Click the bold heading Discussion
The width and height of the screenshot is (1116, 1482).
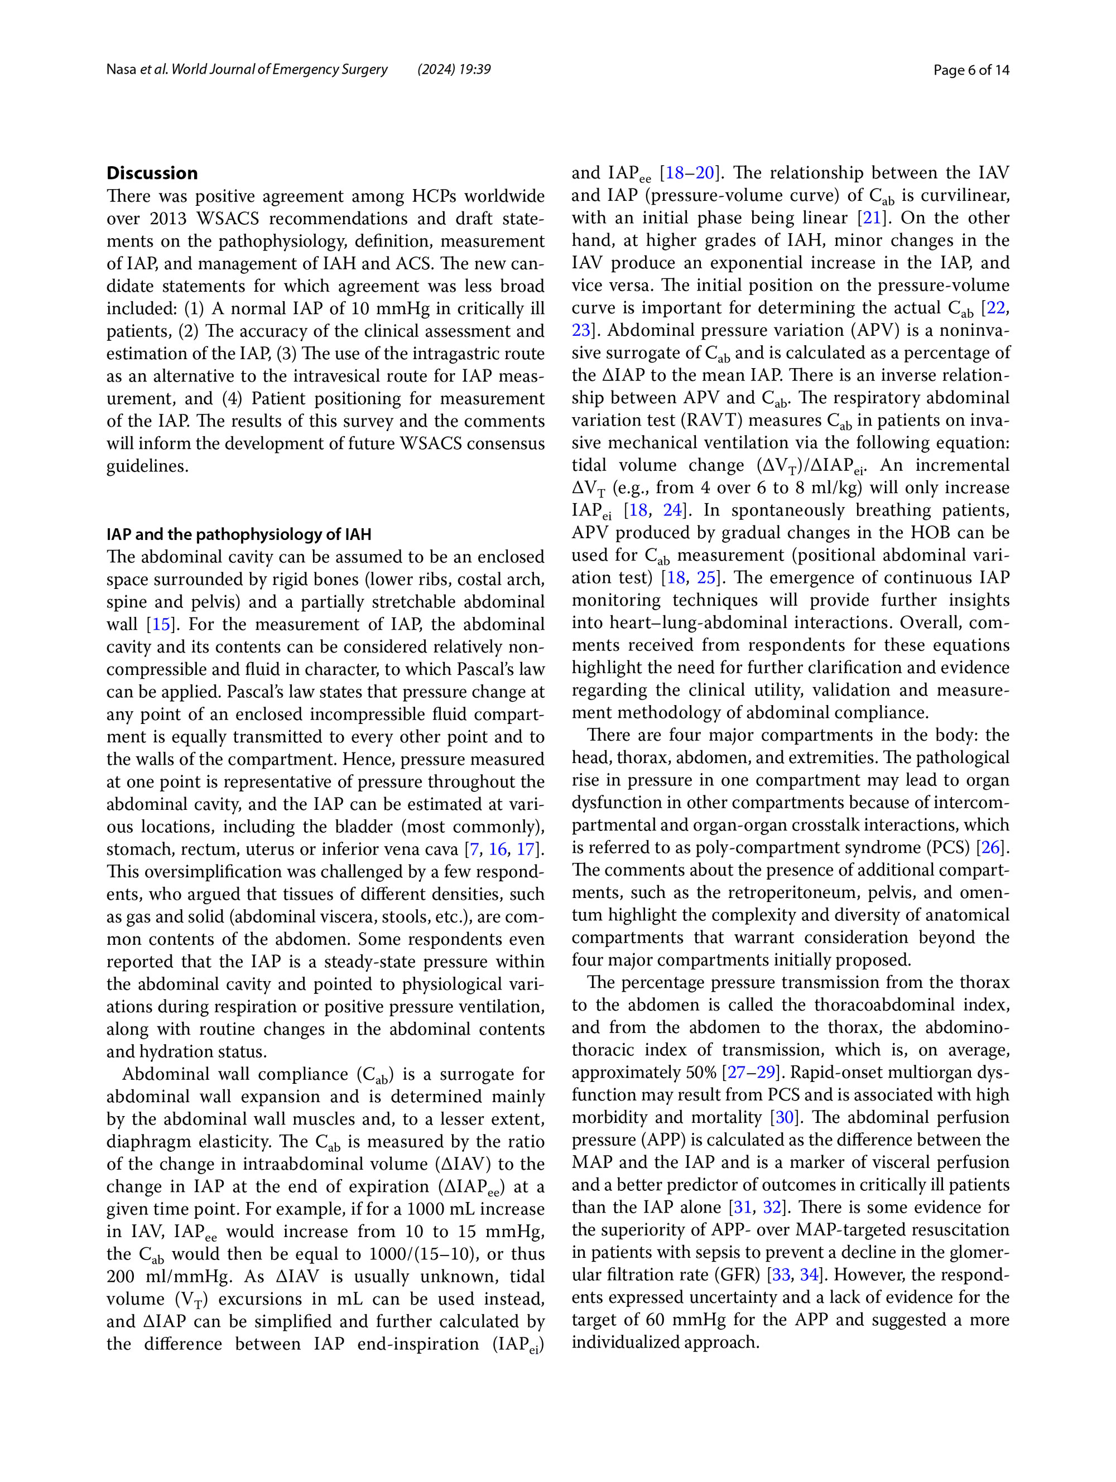tap(152, 173)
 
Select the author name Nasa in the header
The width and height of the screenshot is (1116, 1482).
tap(121, 70)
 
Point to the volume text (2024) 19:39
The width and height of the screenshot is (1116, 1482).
tap(454, 70)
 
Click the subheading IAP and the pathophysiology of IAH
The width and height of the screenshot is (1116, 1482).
tap(239, 534)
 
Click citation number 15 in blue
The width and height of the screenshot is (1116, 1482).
tap(161, 624)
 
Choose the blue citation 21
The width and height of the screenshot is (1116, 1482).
tap(872, 218)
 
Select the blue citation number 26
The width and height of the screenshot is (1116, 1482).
tap(990, 847)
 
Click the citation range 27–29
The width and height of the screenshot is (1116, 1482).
tap(752, 1072)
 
